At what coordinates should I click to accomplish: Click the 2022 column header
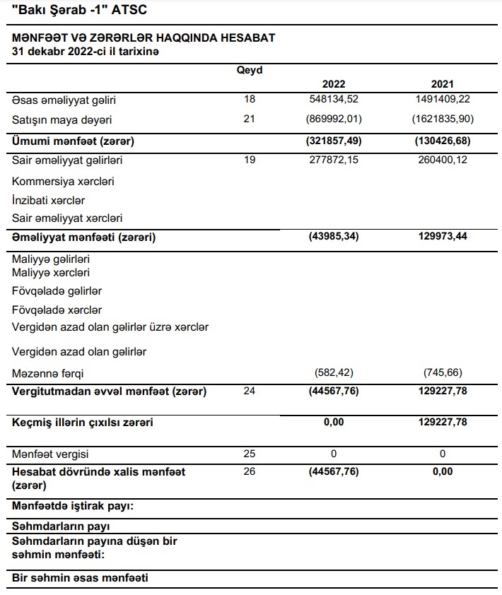coord(334,84)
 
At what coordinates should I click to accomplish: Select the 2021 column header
coord(443,84)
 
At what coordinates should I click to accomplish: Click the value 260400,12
coord(443,160)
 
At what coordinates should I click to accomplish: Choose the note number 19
coord(249,160)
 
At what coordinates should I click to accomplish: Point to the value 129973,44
coord(443,237)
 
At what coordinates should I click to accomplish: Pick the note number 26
coord(249,471)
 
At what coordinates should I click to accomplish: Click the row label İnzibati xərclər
coord(49,200)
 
